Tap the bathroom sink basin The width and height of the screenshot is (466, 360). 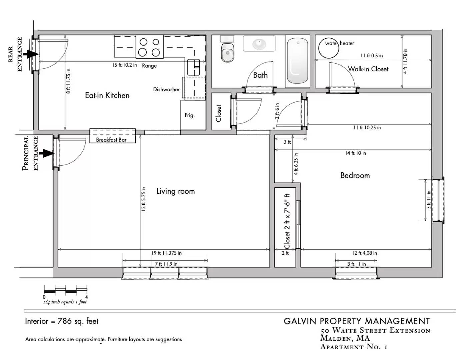[x=259, y=44]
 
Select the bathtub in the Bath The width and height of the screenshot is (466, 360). [x=297, y=61]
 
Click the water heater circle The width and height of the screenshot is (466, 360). [x=328, y=48]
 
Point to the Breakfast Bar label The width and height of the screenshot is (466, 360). [x=111, y=140]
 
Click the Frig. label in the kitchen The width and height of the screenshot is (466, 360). [x=190, y=115]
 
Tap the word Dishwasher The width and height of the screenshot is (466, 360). [x=166, y=89]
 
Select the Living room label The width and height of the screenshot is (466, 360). [x=176, y=191]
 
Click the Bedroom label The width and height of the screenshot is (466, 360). [x=355, y=175]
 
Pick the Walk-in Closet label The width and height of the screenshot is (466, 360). [x=368, y=69]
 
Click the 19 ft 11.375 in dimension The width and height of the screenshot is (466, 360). [x=167, y=253]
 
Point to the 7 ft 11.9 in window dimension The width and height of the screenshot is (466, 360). [x=166, y=264]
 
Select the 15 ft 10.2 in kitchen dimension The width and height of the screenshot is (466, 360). [x=125, y=65]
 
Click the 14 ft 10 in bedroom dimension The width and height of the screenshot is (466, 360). [x=355, y=153]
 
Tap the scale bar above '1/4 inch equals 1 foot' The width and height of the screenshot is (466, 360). [x=66, y=290]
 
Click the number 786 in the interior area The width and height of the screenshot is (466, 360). [x=65, y=321]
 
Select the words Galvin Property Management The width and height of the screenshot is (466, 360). [x=357, y=321]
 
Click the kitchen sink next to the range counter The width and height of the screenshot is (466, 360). [x=193, y=67]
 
